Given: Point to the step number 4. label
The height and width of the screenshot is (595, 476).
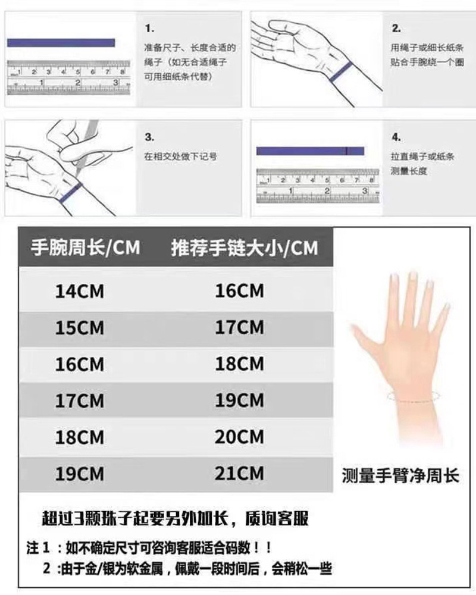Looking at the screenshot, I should [396, 137].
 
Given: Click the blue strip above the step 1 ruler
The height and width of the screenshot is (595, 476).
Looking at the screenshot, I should [61, 43].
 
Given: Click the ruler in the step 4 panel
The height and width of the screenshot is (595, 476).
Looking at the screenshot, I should [315, 185].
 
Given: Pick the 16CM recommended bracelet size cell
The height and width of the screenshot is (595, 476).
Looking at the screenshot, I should [239, 292].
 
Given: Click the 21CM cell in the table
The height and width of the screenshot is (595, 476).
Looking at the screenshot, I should [239, 474].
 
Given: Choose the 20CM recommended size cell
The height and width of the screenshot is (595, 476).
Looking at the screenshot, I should [239, 437].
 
